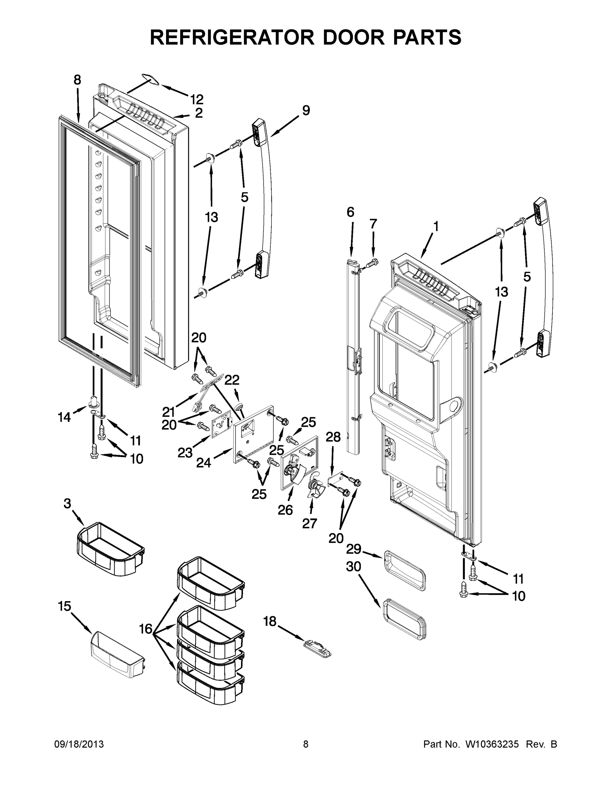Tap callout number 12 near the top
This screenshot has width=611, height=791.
point(197,99)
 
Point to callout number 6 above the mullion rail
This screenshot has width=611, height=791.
point(350,212)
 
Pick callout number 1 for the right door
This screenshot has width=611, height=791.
point(436,226)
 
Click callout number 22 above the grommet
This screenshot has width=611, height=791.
point(232,380)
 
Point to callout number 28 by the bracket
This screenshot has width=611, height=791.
point(333,437)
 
